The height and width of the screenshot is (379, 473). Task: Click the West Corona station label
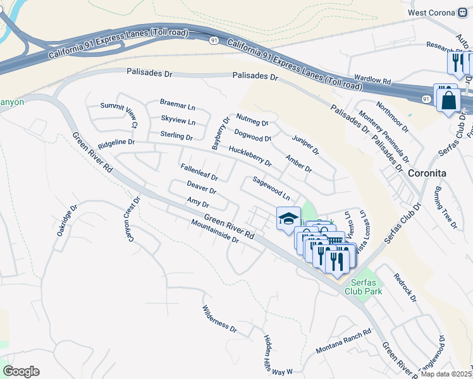pos(431,12)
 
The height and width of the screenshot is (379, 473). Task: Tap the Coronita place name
pos(427,173)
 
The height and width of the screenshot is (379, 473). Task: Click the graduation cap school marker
pos(288,219)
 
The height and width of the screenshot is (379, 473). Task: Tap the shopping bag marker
pos(448,100)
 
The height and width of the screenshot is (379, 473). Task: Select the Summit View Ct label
pos(119,115)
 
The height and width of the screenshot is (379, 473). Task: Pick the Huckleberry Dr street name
pos(250,156)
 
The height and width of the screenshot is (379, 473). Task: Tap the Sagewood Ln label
pos(271,188)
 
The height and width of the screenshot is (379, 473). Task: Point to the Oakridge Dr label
pos(66,220)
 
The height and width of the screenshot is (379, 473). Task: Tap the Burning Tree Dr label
pos(445,207)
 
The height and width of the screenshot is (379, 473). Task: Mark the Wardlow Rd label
pos(373,82)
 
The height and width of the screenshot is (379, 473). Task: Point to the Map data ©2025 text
pos(446,374)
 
